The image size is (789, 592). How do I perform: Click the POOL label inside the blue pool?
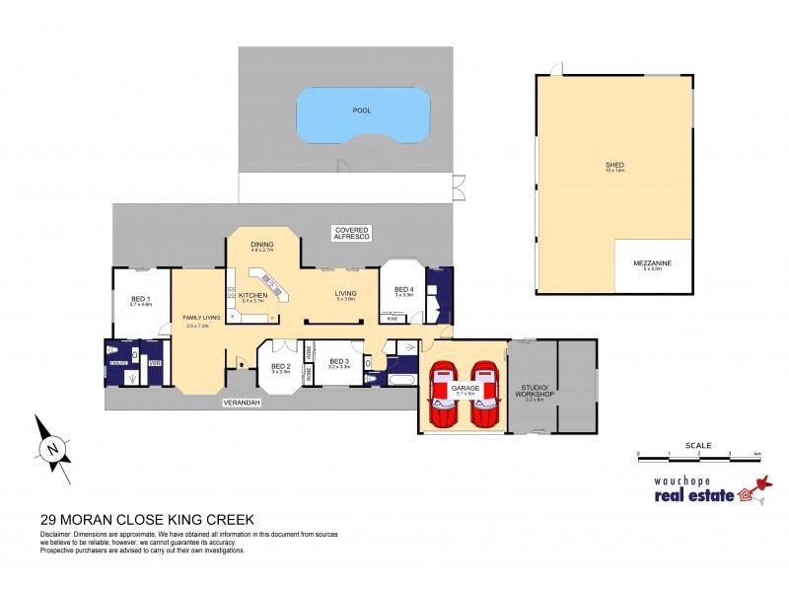point(362,111)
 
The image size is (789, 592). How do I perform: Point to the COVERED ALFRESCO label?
point(350,234)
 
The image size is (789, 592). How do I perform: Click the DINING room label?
point(261,245)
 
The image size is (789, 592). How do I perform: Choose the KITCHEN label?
point(252,296)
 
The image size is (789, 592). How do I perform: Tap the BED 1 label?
point(140,299)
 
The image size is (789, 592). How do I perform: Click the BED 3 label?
point(338,361)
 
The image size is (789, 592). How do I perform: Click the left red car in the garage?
point(443,395)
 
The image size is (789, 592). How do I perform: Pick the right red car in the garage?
point(482,395)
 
